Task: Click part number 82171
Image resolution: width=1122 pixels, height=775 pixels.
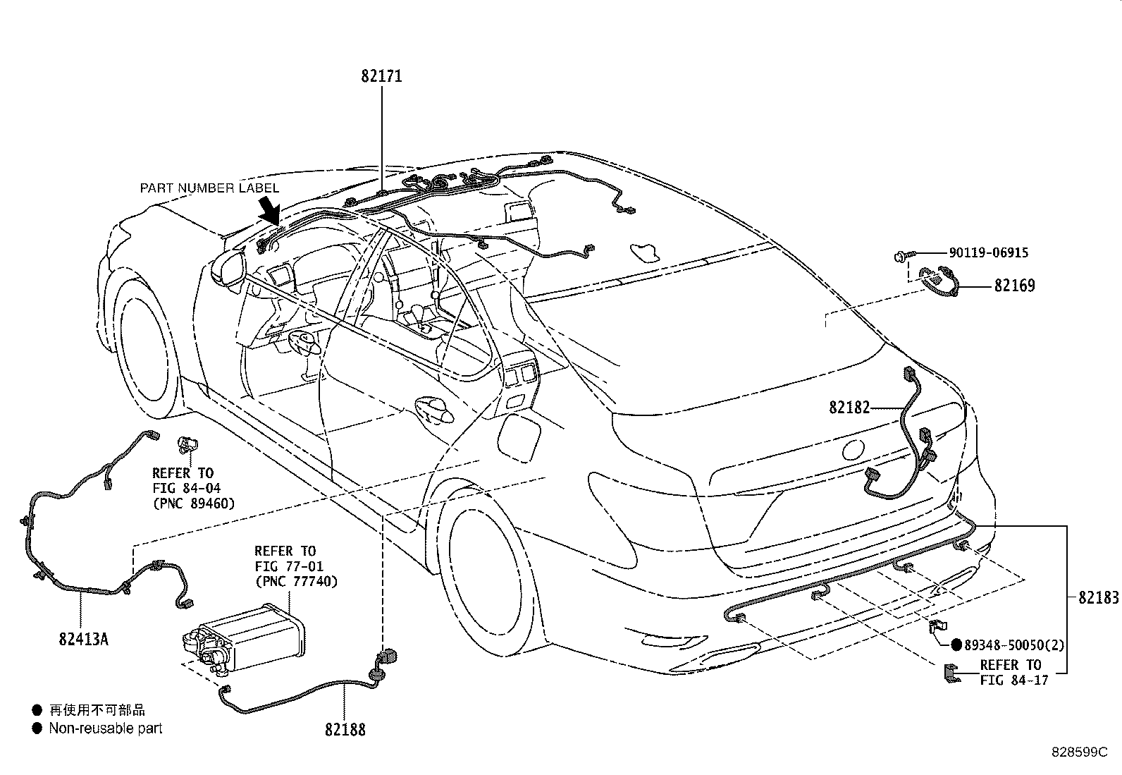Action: tap(382, 76)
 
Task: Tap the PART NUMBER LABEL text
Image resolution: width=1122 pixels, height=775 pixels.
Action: tap(209, 188)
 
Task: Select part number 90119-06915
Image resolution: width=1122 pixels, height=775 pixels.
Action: tap(988, 252)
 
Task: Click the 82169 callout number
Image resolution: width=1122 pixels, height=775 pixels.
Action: tap(1014, 286)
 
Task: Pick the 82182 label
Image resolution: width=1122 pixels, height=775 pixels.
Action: tap(849, 408)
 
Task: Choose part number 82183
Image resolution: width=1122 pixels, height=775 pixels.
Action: tap(1098, 597)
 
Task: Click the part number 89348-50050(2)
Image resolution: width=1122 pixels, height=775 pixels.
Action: tap(1013, 645)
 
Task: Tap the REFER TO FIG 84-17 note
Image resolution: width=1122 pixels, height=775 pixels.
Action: tap(1013, 673)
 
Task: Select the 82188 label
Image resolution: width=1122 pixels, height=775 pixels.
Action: tap(345, 729)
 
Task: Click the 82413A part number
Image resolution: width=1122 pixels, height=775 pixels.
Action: tap(84, 639)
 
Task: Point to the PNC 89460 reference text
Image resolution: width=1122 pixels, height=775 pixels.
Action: tap(194, 504)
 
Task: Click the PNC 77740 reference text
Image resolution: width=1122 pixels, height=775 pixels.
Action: tap(297, 582)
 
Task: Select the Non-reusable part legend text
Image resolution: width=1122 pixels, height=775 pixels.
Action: tap(106, 728)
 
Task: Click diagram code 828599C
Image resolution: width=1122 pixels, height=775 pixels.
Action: tap(1079, 752)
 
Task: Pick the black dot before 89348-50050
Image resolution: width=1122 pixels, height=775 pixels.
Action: tap(956, 645)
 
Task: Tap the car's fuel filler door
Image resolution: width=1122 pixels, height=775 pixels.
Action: tap(519, 439)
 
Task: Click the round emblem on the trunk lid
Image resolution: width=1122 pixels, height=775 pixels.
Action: tap(853, 450)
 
